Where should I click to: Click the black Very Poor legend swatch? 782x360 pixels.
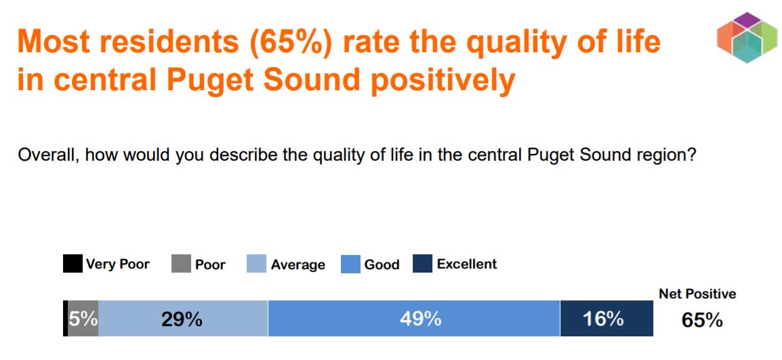tap(73, 264)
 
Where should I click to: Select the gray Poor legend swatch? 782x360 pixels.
tap(181, 264)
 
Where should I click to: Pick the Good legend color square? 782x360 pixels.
tap(350, 264)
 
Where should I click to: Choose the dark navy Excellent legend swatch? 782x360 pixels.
tap(422, 264)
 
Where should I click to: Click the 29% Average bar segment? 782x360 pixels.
tap(183, 319)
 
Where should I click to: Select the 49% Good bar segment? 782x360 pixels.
tap(413, 319)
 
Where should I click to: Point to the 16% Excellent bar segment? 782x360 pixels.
tap(606, 319)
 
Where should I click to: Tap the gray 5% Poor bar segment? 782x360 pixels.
tap(83, 319)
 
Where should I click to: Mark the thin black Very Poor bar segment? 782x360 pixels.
tap(65, 319)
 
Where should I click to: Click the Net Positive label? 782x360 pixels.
tap(697, 294)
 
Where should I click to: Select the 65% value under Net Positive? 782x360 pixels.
tap(702, 320)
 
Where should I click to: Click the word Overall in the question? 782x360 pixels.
tap(45, 155)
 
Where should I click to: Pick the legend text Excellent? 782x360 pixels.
tap(467, 264)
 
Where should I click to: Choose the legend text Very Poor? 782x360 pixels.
tap(117, 264)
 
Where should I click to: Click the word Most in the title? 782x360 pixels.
tap(54, 42)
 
